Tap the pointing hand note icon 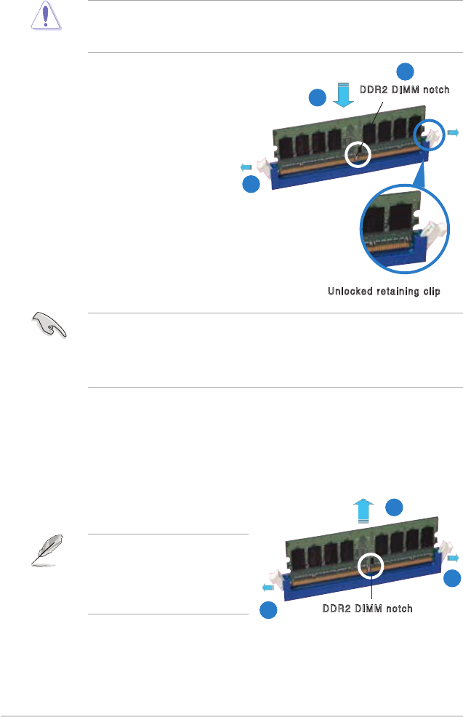[49, 327]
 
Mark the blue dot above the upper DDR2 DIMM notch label [405, 71]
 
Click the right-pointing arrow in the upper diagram [453, 132]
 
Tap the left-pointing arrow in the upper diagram [246, 168]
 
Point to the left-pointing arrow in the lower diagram [266, 586]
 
